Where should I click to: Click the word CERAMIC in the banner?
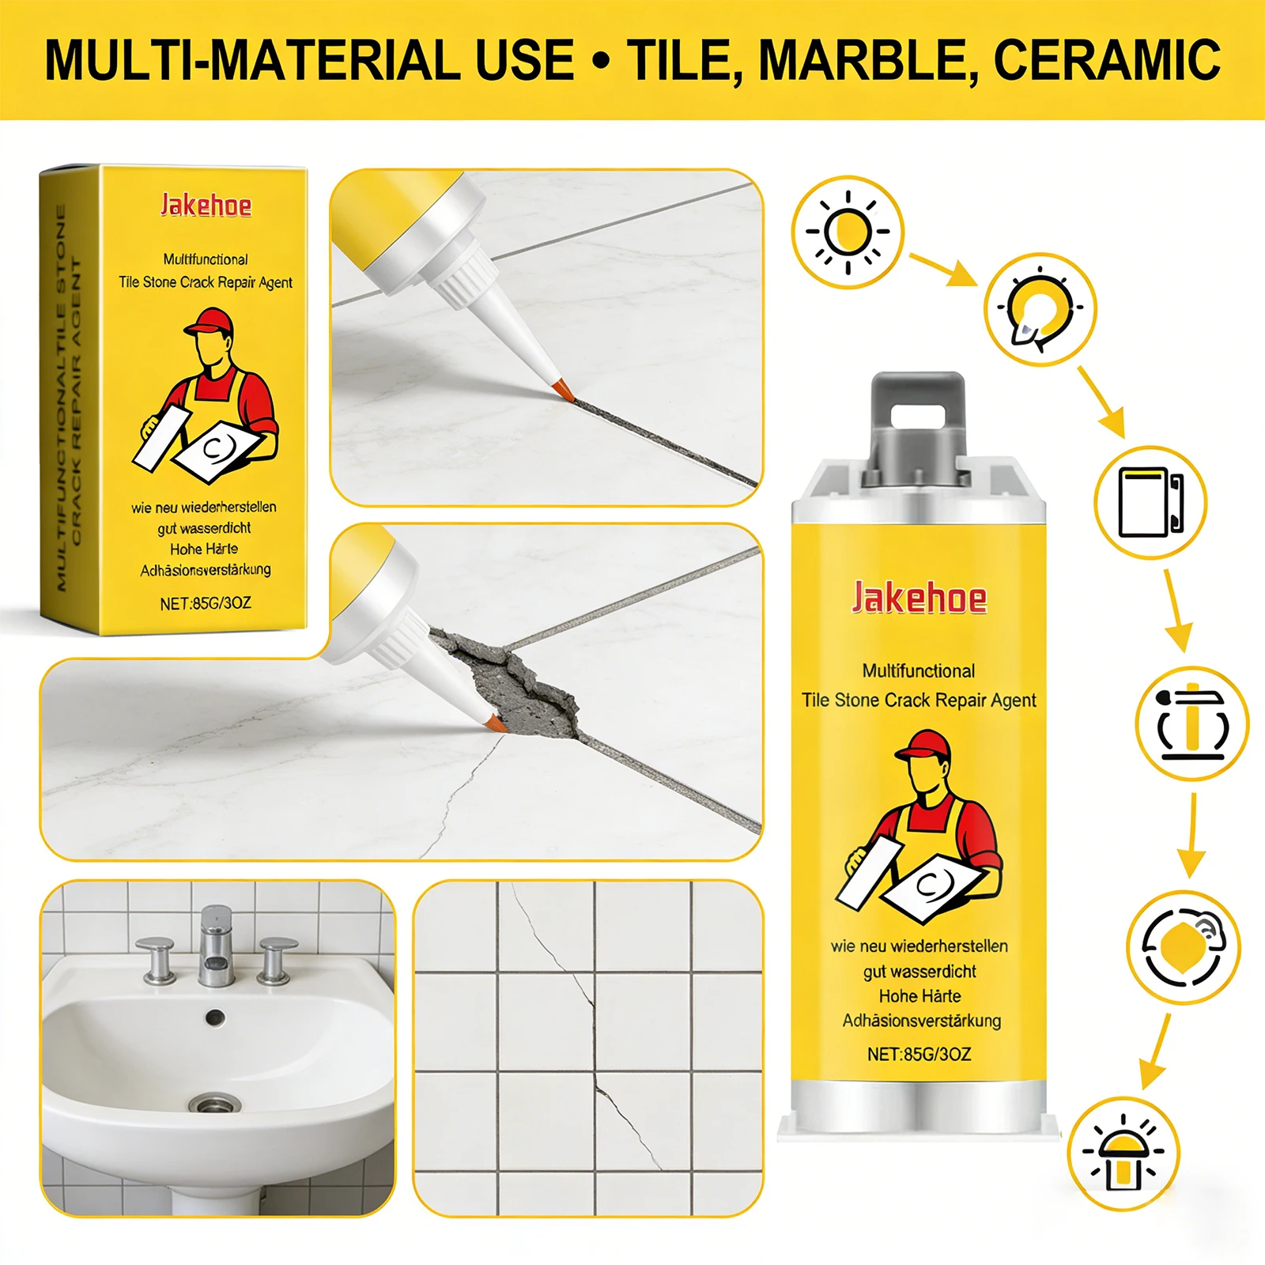point(1107,60)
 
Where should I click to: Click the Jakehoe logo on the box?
point(206,206)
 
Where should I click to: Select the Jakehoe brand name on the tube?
point(919,598)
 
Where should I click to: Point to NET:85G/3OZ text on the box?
point(206,603)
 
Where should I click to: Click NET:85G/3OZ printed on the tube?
point(919,1054)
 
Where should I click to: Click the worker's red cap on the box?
point(210,322)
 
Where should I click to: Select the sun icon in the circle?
point(848,232)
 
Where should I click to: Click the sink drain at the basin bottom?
point(215,1103)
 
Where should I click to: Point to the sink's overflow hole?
point(215,1018)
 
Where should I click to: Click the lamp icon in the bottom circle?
point(1122,1154)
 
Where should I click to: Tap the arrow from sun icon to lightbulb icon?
point(944,270)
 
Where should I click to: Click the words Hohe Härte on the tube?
point(919,996)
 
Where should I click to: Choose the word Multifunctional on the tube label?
point(919,671)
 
